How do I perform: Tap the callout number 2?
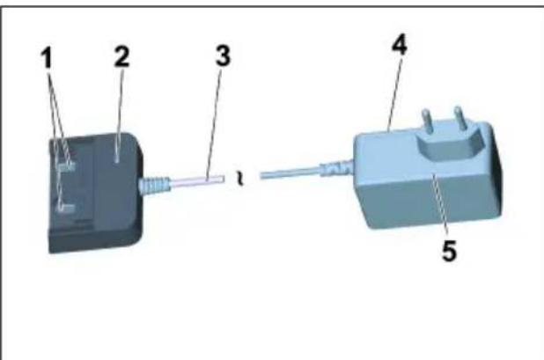(120, 58)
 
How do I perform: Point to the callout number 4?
(400, 46)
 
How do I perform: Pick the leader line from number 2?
(118, 114)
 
